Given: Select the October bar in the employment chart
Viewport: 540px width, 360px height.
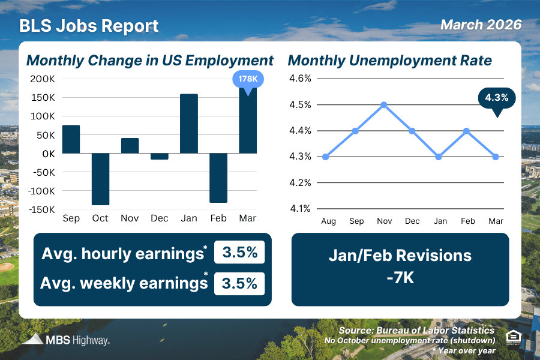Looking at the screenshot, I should (x=100, y=179).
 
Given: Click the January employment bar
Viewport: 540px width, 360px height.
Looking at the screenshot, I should (x=188, y=124).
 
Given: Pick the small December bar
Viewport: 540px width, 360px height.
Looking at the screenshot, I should (x=159, y=156).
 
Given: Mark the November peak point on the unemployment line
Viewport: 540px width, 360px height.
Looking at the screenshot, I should (x=384, y=104).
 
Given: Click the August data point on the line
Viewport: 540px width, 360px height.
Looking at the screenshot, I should (x=325, y=157).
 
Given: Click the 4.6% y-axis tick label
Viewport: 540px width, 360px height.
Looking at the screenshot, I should (x=300, y=79).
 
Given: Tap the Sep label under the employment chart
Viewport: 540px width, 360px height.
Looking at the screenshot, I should (x=71, y=218).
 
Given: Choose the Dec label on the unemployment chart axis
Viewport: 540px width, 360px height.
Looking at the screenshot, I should (x=412, y=221).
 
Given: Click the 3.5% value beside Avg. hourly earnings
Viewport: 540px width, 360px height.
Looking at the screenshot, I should (x=239, y=253).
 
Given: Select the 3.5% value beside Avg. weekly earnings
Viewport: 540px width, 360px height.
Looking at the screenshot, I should (x=239, y=283).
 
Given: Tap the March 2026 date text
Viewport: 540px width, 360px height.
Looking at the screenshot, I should (x=481, y=25).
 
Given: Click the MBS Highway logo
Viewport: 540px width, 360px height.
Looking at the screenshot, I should (x=67, y=340).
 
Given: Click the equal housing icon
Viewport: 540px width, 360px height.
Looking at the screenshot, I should (x=514, y=337).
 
